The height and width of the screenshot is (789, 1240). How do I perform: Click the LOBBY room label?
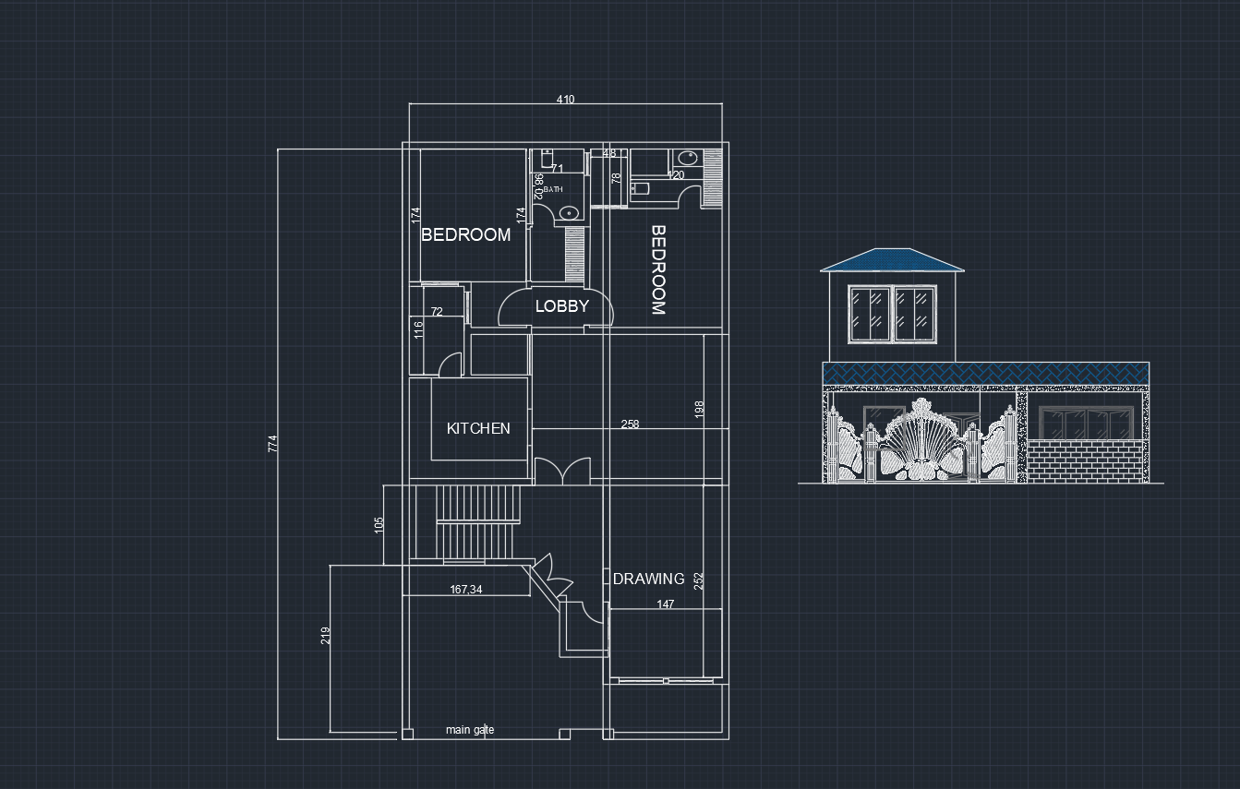tap(561, 306)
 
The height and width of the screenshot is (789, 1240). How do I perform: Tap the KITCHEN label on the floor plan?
tap(478, 428)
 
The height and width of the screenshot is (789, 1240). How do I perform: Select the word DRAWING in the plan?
tap(649, 579)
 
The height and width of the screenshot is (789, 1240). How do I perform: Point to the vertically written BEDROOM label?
tap(658, 269)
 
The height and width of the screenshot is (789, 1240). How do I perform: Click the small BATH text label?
tap(553, 189)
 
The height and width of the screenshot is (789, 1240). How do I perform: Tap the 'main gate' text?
tap(470, 730)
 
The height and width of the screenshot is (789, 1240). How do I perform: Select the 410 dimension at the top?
tap(565, 100)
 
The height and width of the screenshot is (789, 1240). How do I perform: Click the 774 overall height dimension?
tap(272, 445)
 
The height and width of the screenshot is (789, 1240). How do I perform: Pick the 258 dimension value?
tap(630, 424)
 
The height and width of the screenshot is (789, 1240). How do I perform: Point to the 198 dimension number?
tap(699, 408)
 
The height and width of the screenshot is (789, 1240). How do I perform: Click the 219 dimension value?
tap(325, 636)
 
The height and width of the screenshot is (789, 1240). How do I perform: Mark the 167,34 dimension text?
tap(466, 590)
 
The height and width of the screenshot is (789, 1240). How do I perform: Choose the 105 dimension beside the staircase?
tap(379, 524)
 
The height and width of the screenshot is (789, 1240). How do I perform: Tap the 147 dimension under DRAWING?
tap(666, 604)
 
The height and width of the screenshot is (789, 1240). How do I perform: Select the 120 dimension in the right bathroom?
tap(676, 175)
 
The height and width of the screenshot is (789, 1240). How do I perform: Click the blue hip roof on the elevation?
tap(892, 259)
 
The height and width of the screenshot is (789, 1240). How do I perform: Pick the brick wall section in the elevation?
tap(1088, 460)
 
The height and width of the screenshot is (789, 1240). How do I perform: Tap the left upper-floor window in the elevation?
tap(870, 311)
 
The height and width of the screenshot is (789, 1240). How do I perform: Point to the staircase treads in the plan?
tap(478, 522)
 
